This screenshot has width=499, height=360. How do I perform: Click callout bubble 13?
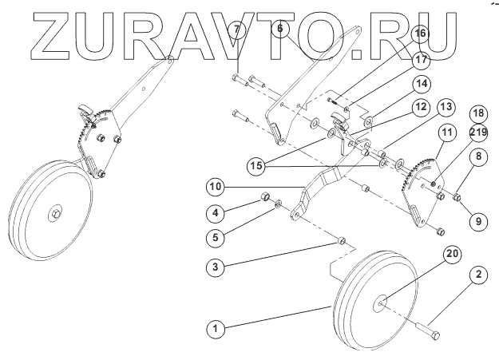446,105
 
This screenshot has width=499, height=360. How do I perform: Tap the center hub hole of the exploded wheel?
380,303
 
